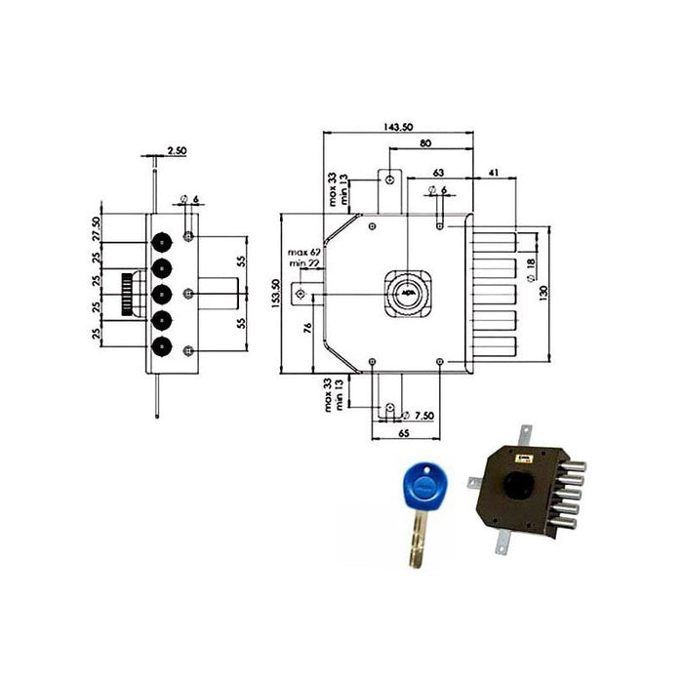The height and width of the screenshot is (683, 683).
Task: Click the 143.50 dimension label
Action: (397, 128)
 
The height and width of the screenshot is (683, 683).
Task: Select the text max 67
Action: (303, 254)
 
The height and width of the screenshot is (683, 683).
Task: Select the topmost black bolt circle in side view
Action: (163, 240)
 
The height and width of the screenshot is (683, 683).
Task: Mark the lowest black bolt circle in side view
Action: (163, 345)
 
